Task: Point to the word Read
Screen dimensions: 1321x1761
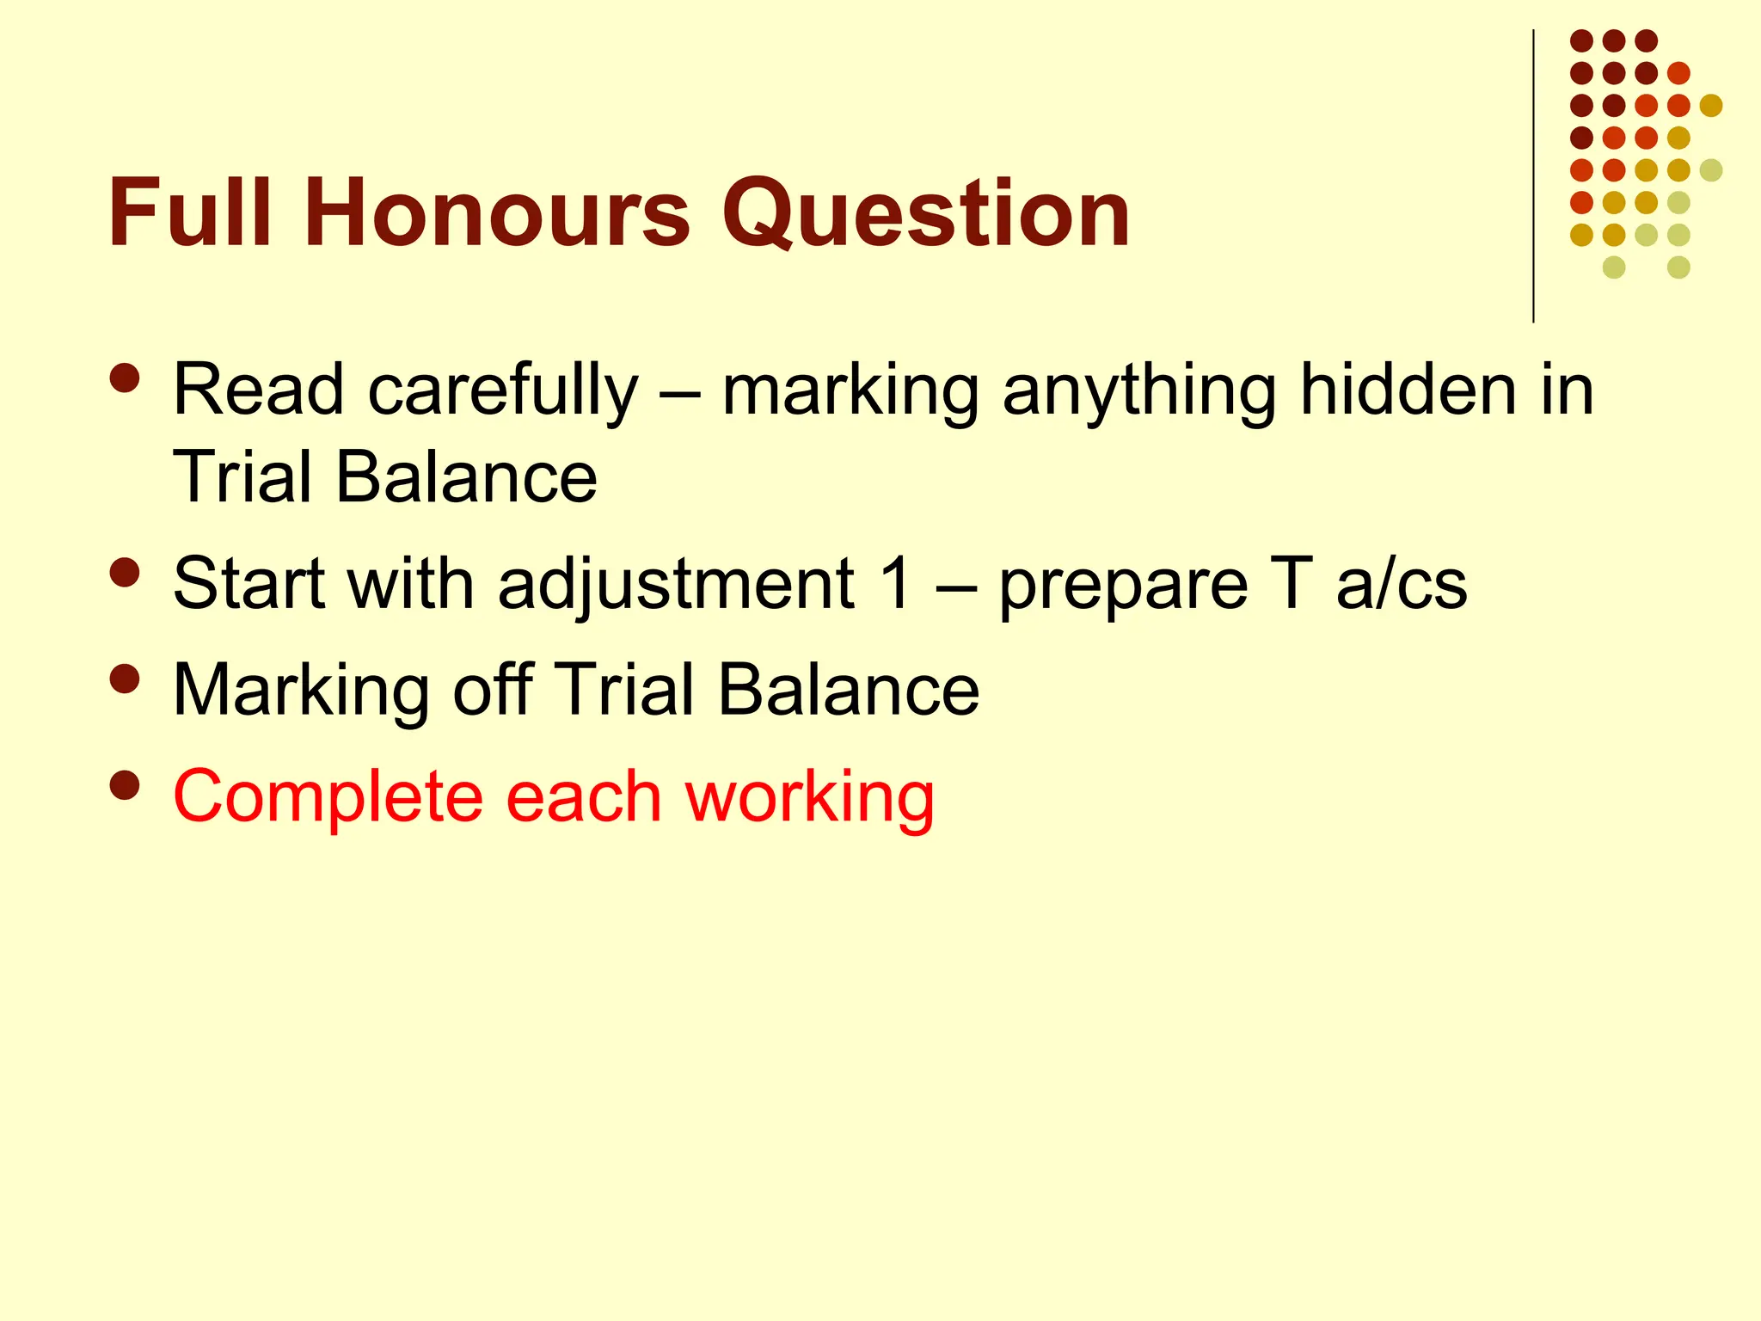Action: click(258, 390)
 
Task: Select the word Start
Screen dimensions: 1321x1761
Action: click(249, 584)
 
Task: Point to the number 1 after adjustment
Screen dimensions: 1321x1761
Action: click(897, 584)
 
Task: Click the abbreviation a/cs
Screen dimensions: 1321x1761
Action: click(1402, 584)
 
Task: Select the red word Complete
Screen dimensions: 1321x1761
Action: click(328, 796)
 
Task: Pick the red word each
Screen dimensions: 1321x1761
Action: click(584, 796)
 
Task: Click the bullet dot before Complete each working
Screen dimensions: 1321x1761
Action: click(125, 784)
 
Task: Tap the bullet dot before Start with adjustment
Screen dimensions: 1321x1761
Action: click(125, 573)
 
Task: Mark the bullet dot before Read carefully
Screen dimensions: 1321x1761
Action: click(125, 378)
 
